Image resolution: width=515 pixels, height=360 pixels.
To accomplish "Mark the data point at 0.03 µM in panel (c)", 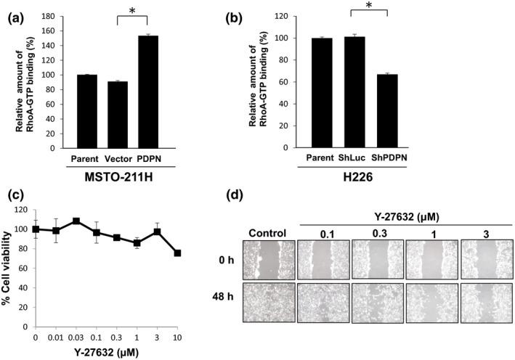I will click(76, 221).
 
